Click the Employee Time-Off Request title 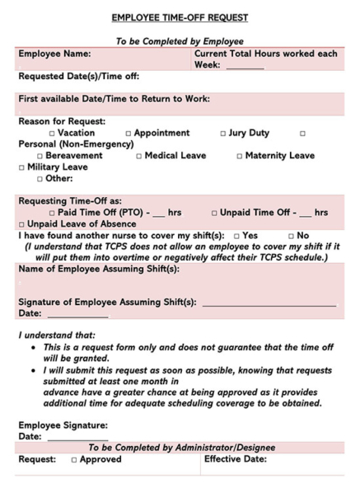(x=179, y=17)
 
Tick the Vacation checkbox (x=52, y=134)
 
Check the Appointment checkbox (x=129, y=134)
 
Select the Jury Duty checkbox (x=223, y=134)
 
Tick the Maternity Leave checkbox (x=240, y=156)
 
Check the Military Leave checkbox (x=21, y=167)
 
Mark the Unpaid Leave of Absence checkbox (x=21, y=224)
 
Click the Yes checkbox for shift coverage (x=236, y=236)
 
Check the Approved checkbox (x=73, y=460)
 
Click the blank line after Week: (x=245, y=66)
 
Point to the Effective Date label (x=235, y=459)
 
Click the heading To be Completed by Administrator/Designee (x=181, y=448)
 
